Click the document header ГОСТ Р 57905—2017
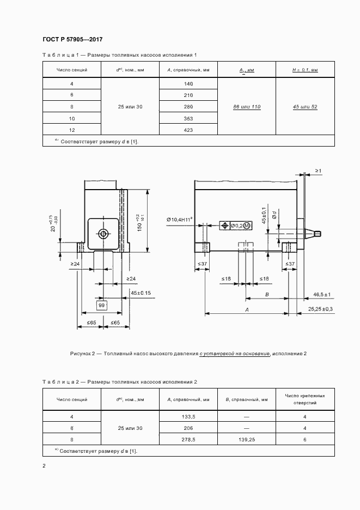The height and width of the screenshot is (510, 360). point(72,39)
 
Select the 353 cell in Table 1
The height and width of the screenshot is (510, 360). point(188,118)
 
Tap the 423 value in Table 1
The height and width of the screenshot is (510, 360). point(188,130)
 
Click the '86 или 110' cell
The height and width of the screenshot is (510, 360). point(246,107)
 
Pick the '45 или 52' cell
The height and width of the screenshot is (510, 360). point(305,107)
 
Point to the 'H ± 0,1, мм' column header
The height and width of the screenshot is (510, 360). point(305,70)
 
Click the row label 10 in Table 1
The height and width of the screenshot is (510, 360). point(72,118)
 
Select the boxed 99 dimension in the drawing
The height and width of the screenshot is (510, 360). point(101,306)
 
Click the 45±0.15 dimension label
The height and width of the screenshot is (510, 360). point(141,293)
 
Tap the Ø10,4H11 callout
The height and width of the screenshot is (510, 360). point(182,220)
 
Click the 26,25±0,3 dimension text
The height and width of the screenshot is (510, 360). point(320,309)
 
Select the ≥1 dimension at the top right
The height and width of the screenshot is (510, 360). point(318,171)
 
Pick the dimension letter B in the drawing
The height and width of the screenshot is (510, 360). point(267,294)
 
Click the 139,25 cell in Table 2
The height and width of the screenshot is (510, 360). point(247,439)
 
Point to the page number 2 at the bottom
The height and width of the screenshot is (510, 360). point(44,466)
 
